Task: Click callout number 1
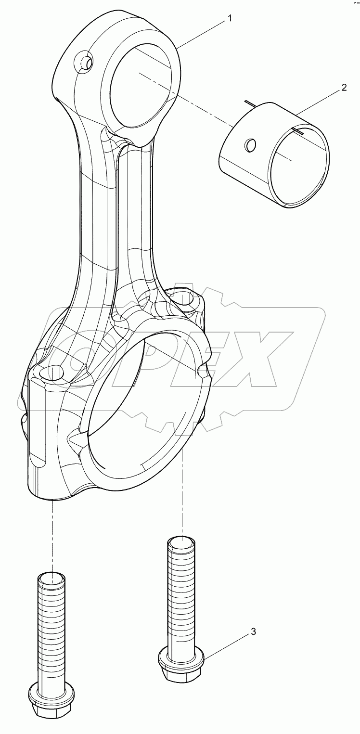(230, 18)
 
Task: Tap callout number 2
(344, 87)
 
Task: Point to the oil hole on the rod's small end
(86, 62)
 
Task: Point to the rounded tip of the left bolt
(51, 578)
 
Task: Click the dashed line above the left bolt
(51, 534)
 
